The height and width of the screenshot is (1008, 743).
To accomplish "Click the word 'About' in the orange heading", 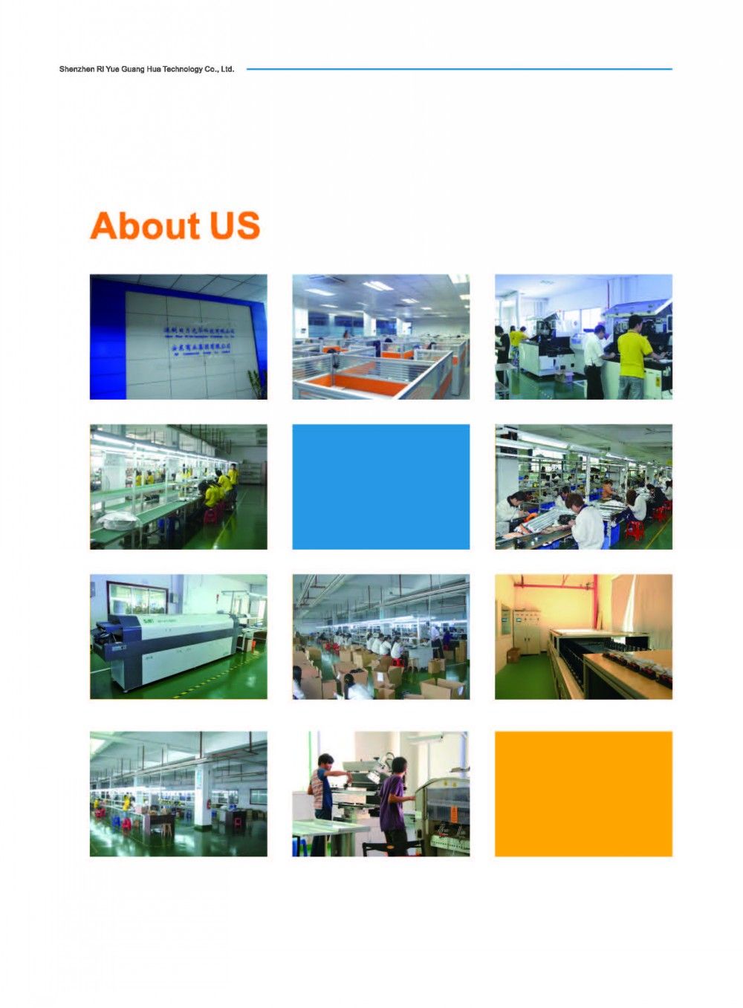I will point(146,226).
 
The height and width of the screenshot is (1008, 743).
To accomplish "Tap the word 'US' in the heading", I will point(234,226).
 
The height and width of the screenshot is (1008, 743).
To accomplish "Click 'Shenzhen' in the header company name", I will point(77,69).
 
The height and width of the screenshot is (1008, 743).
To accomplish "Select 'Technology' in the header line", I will point(183,69).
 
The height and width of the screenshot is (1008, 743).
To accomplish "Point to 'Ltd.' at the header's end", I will point(227,69).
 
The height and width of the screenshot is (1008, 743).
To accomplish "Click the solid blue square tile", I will point(380,487).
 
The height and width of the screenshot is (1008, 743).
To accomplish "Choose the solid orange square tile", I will point(583,793).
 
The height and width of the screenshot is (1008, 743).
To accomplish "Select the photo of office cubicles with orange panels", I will point(380,336).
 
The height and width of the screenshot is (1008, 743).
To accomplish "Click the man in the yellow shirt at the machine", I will point(634,355).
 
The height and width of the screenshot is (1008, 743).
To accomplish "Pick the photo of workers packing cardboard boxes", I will point(380,637).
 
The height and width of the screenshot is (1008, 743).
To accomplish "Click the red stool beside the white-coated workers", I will point(634,530).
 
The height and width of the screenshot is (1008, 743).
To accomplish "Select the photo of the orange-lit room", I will point(583,637).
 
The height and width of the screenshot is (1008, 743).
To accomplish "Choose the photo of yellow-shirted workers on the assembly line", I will point(178,487).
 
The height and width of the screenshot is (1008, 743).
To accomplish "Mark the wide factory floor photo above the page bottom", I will point(178,793).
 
